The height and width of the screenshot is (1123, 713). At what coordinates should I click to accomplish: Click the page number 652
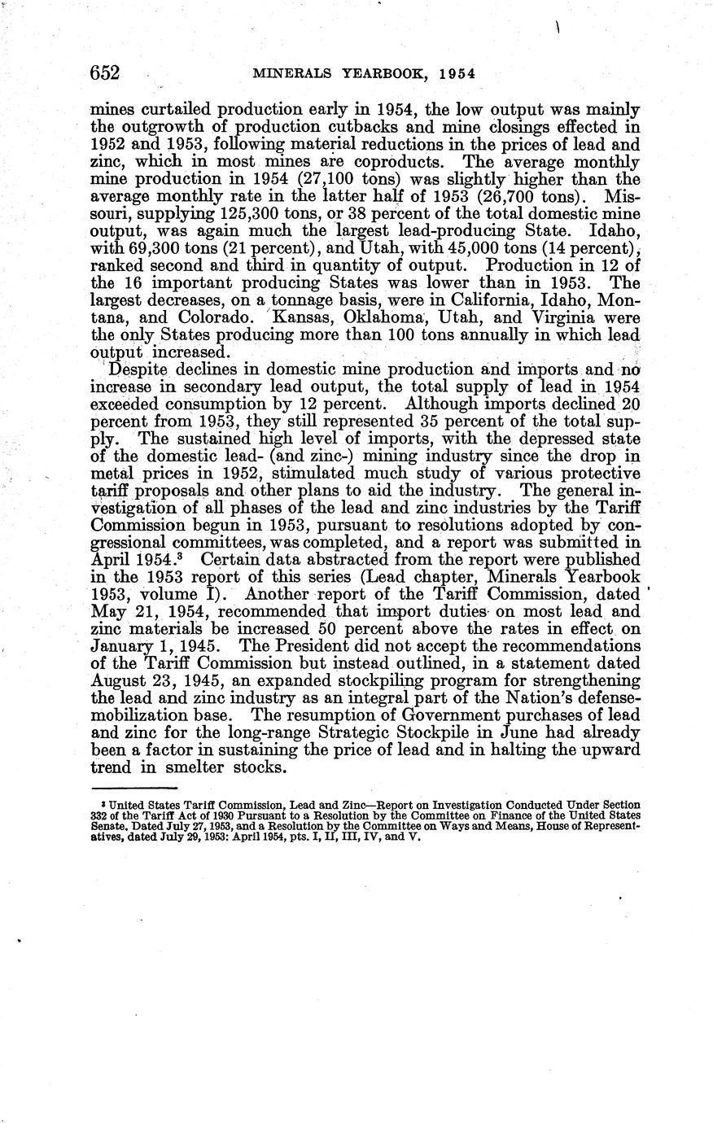click(x=105, y=73)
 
